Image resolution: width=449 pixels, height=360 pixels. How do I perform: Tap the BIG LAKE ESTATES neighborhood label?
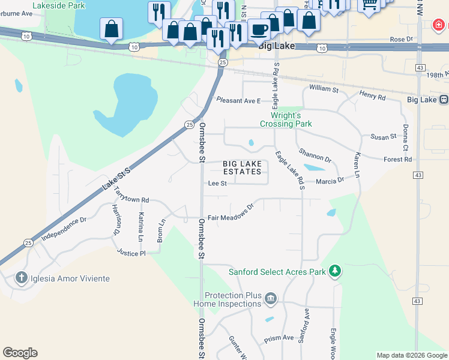pyautogui.click(x=243, y=167)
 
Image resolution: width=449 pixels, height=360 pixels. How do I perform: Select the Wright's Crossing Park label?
pyautogui.click(x=286, y=119)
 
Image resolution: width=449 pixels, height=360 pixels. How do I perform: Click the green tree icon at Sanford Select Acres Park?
pyautogui.click(x=334, y=271)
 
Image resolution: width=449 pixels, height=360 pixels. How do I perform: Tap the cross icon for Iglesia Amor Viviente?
pyautogui.click(x=21, y=278)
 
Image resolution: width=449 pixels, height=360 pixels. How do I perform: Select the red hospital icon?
pyautogui.click(x=439, y=25)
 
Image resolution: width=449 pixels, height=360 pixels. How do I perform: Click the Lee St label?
pyautogui.click(x=217, y=184)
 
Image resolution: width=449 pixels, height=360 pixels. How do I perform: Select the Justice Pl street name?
pyautogui.click(x=131, y=253)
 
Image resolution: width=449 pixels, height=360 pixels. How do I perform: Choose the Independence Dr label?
pyautogui.click(x=64, y=229)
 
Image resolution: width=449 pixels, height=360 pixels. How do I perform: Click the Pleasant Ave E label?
pyautogui.click(x=238, y=100)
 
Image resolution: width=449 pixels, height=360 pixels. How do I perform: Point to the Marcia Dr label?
pyautogui.click(x=329, y=180)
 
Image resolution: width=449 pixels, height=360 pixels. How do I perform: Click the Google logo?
pyautogui.click(x=20, y=353)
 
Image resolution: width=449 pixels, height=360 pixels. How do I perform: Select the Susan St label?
pyautogui.click(x=384, y=137)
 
